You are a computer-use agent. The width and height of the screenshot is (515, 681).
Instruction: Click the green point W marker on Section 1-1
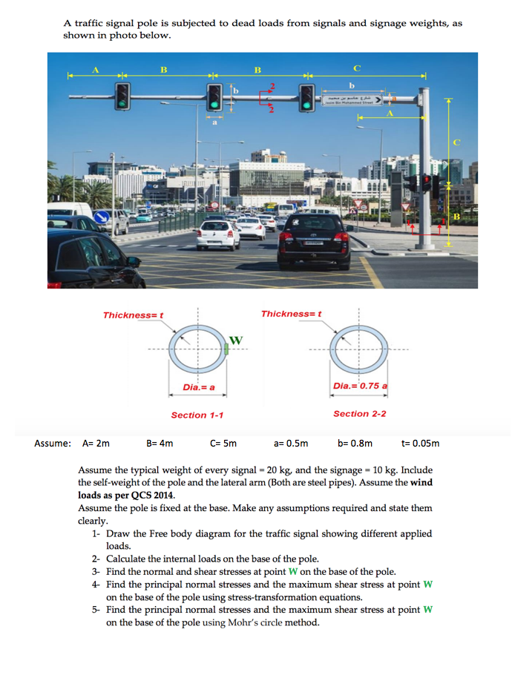pos(226,348)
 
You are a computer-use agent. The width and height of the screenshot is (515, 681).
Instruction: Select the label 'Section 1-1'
pos(197,415)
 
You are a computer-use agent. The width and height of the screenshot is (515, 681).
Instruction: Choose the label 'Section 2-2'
pos(359,414)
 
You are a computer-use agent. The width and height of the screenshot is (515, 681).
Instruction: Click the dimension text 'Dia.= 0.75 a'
pos(360,386)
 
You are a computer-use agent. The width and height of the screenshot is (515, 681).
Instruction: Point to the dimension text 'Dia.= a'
pos(199,388)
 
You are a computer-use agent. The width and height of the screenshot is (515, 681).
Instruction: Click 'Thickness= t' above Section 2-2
pos(291,314)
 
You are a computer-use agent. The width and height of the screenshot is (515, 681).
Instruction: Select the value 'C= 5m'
pos(223,444)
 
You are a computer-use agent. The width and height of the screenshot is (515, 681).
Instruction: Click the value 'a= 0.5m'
pos(291,444)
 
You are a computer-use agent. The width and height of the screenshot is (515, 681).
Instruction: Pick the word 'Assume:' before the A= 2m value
pos(53,444)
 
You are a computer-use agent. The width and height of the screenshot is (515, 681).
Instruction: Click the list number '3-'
pos(96,571)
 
